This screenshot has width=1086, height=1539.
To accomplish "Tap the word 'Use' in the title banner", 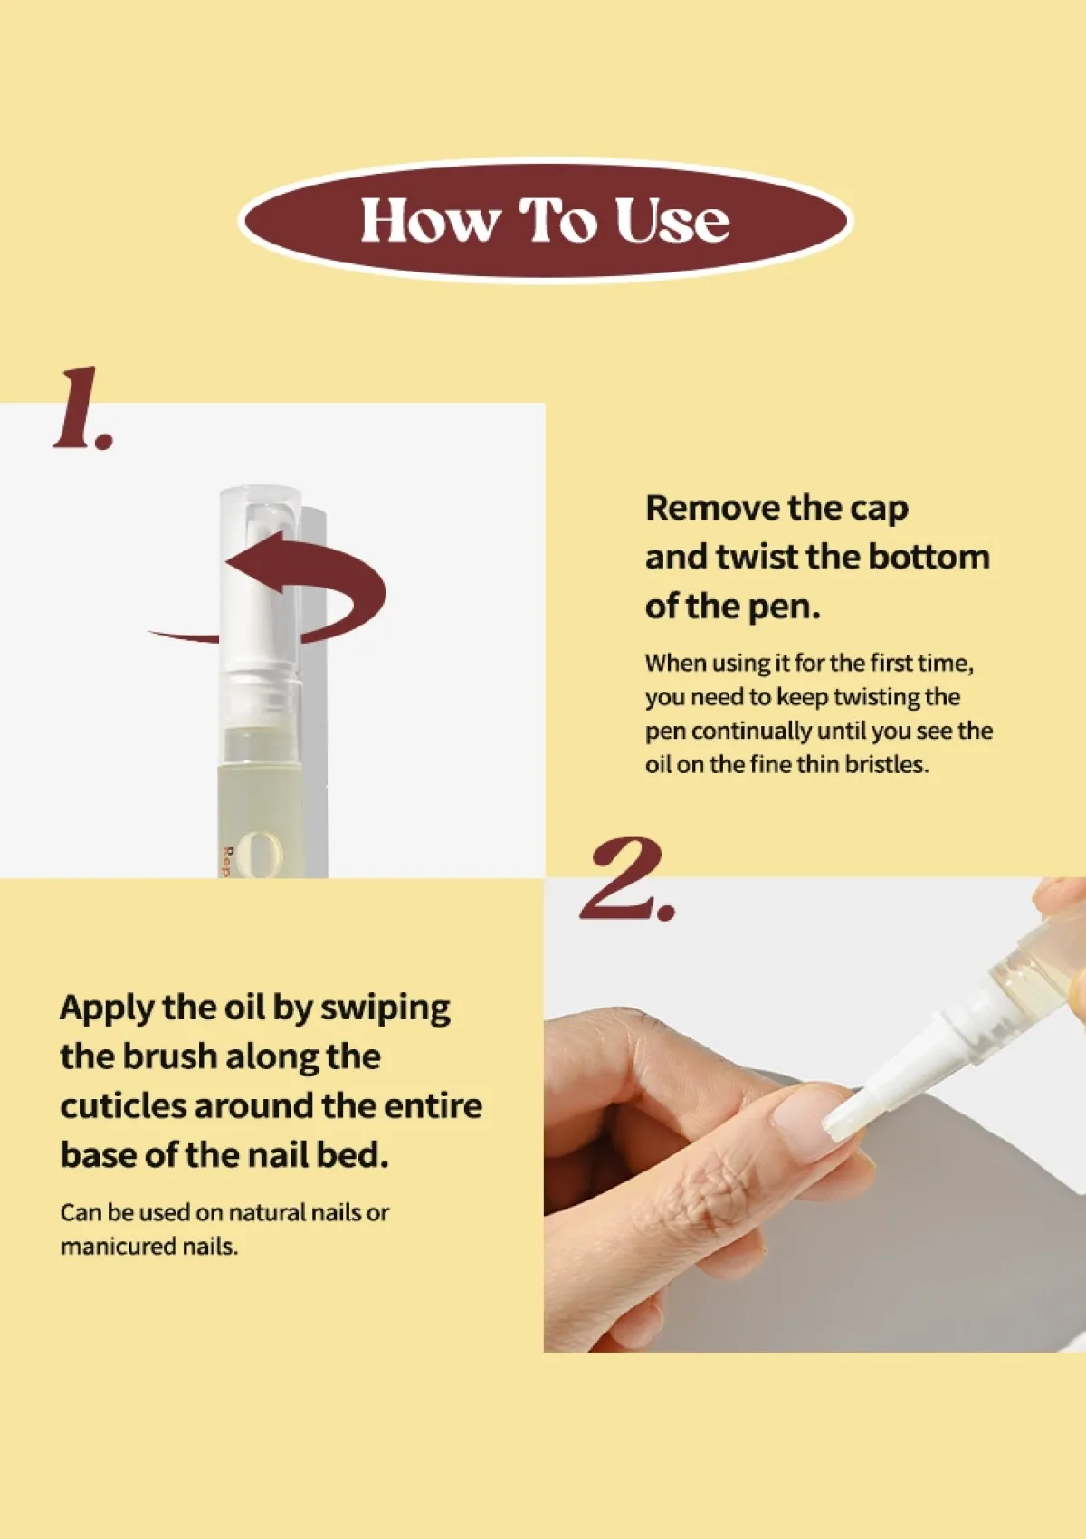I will pos(672,221).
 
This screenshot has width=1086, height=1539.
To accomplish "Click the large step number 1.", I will pos(81,409).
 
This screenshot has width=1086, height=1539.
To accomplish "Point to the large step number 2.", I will pos(626,880).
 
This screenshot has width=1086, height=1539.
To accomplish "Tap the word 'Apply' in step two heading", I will pos(107,1008).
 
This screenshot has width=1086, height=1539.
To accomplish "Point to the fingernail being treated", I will pos(805,1123).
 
